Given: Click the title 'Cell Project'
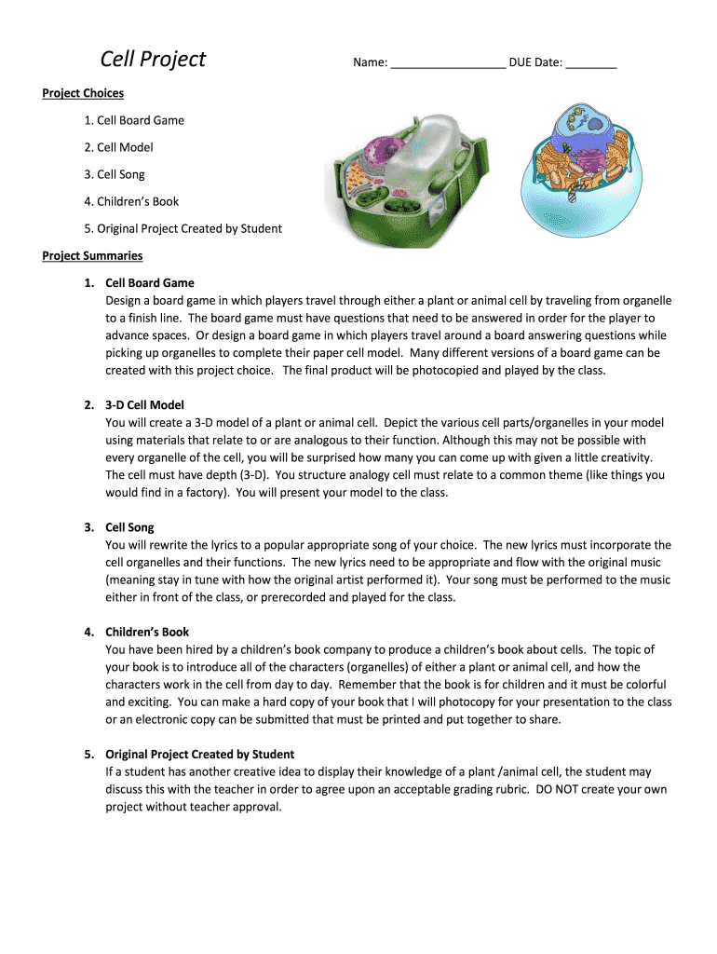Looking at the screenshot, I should (153, 60).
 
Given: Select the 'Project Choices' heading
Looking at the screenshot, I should (83, 93).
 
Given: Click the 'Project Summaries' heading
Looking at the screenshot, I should (92, 255).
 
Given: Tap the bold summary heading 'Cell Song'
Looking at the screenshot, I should (129, 527).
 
